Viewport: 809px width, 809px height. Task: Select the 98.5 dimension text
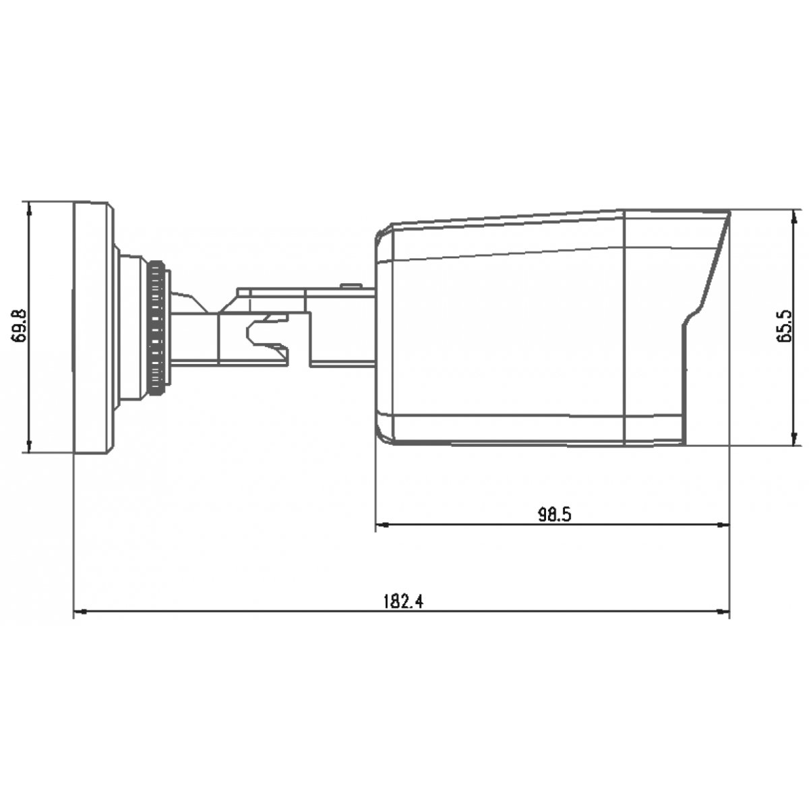[555, 514]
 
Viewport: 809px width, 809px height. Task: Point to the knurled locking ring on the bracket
[156, 328]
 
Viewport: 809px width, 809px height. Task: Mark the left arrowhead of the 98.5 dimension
[382, 525]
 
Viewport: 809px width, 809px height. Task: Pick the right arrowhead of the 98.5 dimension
[723, 525]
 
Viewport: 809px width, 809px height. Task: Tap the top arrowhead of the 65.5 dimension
[793, 216]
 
